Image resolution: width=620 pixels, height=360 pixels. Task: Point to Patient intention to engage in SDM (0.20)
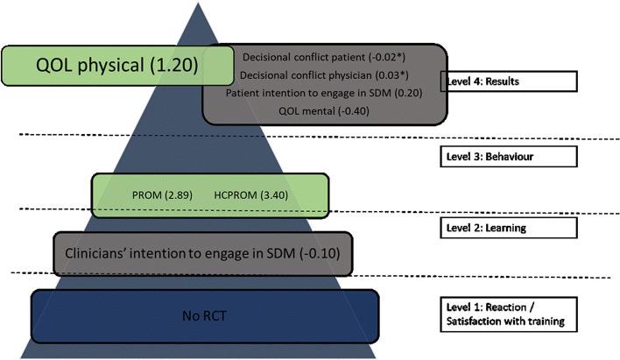tap(306, 92)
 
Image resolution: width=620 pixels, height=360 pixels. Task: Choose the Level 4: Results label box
tap(507, 81)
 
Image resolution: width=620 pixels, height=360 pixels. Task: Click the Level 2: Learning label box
tap(507, 228)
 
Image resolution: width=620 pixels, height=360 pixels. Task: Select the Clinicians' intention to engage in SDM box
tap(202, 254)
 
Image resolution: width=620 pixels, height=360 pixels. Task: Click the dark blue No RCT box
tap(204, 314)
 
